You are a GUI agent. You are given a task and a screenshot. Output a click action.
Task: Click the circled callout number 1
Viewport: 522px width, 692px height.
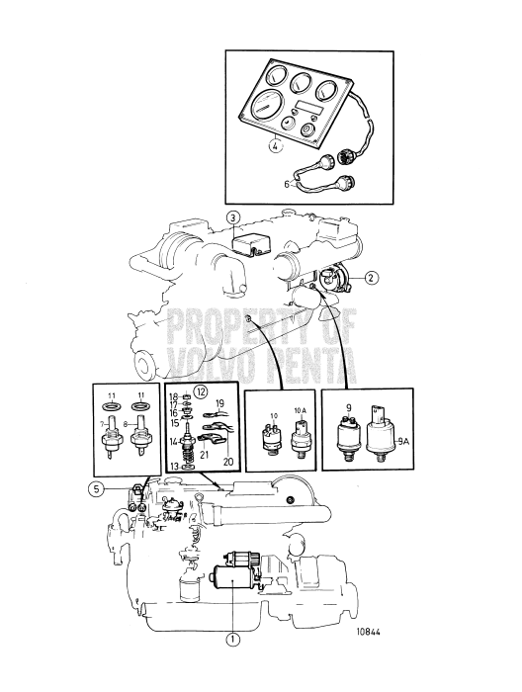[x=233, y=638]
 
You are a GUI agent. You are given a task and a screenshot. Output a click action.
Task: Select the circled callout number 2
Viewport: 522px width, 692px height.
[x=371, y=278]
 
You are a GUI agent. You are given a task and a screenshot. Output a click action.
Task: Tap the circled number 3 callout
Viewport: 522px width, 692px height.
[x=232, y=217]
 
